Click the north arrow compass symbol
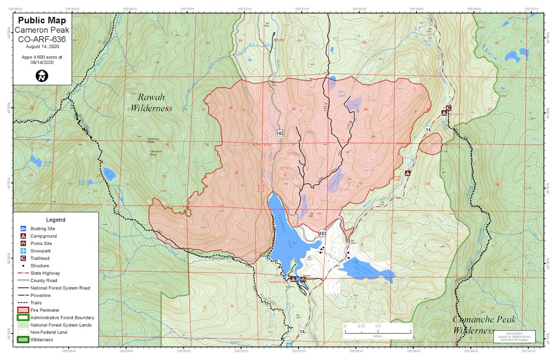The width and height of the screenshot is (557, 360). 42,75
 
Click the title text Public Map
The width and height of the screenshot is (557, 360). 42,21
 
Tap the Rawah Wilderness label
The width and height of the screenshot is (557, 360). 151,103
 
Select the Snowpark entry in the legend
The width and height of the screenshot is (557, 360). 40,251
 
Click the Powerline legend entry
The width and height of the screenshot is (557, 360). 42,295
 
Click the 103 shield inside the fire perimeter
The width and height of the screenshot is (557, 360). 279,133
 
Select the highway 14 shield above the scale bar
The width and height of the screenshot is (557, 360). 302,331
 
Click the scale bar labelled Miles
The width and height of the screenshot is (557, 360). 377,327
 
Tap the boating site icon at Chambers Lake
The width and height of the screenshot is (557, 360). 298,279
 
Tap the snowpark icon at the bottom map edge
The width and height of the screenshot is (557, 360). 289,345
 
